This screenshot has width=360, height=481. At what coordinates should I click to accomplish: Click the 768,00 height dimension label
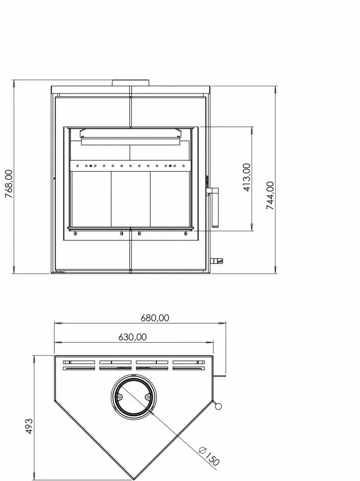pos(9,184)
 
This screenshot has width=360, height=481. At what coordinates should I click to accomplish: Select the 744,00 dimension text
pos(270,195)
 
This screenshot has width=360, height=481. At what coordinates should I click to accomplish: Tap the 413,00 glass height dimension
pos(247,178)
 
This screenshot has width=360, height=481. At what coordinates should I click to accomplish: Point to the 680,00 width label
pos(155,318)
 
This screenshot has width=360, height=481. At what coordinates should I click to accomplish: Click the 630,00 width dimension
pos(132,337)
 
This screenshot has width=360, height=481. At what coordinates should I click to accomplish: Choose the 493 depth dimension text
pos(29,426)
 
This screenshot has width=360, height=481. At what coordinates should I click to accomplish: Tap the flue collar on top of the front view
pos(131,83)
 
